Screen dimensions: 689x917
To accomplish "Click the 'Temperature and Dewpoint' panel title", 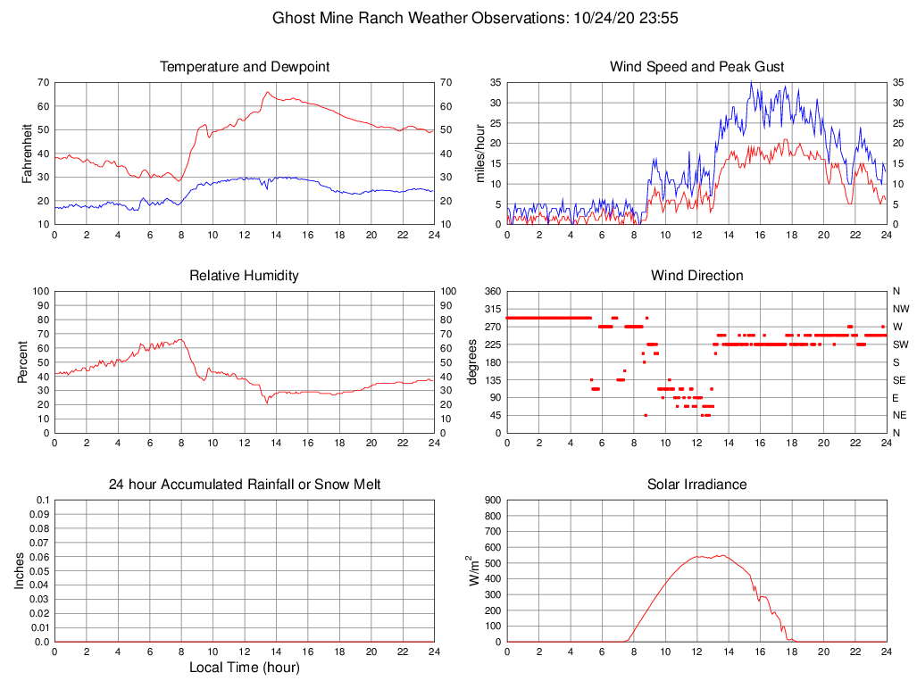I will click(245, 67).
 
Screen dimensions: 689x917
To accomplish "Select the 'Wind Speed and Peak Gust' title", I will click(696, 67).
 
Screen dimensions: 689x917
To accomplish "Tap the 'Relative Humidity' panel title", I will click(245, 276).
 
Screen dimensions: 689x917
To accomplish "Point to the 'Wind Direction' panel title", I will click(696, 276).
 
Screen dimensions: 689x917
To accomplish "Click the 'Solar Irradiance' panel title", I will click(696, 485).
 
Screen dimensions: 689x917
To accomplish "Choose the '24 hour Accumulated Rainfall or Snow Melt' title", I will click(245, 485).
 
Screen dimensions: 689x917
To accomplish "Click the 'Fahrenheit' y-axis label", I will click(28, 154).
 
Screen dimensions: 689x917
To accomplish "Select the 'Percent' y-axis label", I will click(23, 362).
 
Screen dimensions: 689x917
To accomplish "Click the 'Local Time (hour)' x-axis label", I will click(245, 668).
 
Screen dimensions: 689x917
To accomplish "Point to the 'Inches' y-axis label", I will click(20, 571).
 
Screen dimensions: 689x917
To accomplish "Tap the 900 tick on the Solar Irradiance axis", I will click(491, 500).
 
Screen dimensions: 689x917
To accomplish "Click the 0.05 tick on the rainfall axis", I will click(39, 571).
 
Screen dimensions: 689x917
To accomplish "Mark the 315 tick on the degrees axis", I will click(491, 309).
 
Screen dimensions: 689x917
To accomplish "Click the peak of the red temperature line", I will click(267, 91).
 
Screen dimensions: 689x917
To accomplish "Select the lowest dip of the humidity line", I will click(267, 403).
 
